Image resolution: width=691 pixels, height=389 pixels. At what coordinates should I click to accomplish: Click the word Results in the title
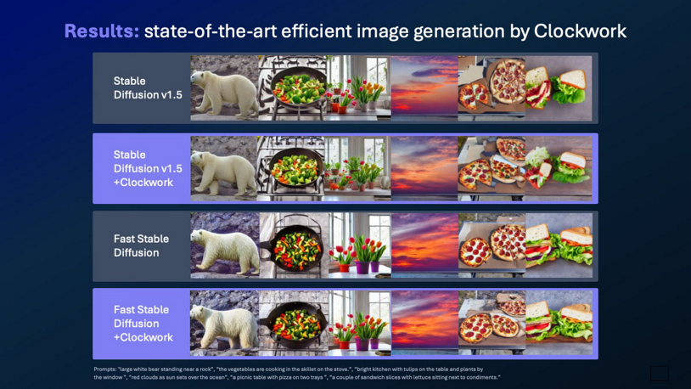point(101,31)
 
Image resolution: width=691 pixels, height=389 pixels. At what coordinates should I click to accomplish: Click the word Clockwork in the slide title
point(580,31)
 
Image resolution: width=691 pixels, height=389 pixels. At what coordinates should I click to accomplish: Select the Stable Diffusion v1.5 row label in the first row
point(147,88)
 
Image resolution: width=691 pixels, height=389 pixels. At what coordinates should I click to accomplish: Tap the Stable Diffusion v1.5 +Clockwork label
point(147,168)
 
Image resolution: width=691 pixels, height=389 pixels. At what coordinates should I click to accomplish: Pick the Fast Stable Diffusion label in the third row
point(141,245)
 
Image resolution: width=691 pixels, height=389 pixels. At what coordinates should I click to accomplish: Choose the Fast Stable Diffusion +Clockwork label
point(143,324)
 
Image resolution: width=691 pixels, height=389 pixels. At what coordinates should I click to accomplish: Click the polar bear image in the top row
point(224,88)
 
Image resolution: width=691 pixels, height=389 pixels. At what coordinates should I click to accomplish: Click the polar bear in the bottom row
point(224,324)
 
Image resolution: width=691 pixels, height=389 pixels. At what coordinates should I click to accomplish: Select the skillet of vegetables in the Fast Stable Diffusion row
point(291,245)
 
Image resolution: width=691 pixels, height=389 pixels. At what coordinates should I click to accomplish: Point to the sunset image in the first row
point(424,88)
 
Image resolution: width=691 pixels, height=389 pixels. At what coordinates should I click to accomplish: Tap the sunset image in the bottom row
point(424,324)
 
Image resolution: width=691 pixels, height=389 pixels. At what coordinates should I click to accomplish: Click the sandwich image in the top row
point(558,88)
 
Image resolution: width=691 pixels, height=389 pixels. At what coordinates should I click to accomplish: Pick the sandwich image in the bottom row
point(558,324)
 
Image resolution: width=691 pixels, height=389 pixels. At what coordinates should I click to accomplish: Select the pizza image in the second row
point(492,168)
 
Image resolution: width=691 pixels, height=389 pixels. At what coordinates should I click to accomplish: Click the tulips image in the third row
point(358,245)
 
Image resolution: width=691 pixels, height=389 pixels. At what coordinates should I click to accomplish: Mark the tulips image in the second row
point(358,168)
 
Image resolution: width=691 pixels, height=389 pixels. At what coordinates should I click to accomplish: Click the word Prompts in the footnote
point(104,369)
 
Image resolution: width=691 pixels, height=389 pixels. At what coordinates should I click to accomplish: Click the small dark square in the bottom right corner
point(659,373)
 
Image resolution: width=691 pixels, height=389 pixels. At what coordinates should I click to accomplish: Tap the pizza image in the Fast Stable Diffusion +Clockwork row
point(492,324)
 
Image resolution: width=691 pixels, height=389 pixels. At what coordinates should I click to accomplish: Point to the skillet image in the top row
point(291,88)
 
